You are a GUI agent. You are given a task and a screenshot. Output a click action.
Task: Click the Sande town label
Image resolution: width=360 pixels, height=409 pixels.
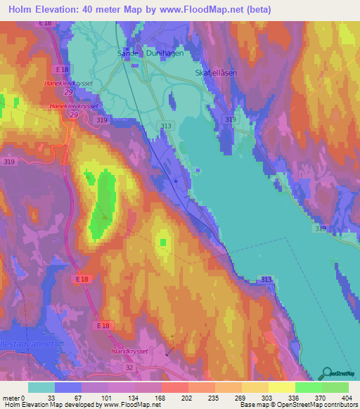tap(126, 52)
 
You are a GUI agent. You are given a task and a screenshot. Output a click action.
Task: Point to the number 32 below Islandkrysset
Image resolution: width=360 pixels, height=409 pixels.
tap(129, 367)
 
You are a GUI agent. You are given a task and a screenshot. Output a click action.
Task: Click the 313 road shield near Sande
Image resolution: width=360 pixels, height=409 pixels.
tap(166, 126)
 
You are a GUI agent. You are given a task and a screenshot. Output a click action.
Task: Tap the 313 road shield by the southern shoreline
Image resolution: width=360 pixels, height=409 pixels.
tap(265, 280)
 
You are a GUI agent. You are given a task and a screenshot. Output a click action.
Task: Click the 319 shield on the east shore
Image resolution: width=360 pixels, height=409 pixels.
tap(321, 229)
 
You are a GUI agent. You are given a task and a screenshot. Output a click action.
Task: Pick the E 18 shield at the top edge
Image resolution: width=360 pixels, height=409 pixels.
tap(46, 23)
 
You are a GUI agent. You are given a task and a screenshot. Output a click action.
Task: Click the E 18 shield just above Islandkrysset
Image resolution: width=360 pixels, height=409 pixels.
tap(103, 326)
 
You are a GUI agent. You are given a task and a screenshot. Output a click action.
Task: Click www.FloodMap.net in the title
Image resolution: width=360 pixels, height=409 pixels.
tap(209, 10)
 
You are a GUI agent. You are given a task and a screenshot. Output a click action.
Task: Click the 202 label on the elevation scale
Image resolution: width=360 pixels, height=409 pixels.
tap(166, 398)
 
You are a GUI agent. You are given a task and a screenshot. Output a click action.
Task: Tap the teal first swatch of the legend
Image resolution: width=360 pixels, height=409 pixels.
tap(41, 387)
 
